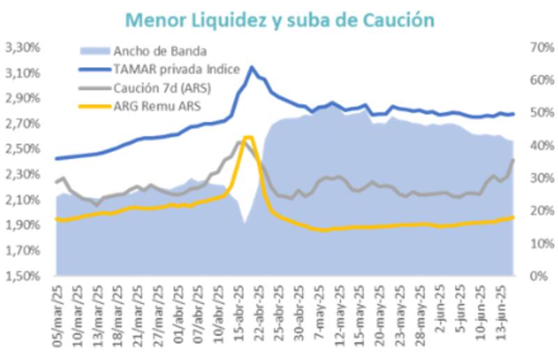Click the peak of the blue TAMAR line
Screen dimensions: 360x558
point(251,67)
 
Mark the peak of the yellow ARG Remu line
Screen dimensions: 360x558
point(248,137)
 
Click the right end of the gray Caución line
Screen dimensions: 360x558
point(514,160)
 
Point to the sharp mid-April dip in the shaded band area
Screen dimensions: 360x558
point(244,223)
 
